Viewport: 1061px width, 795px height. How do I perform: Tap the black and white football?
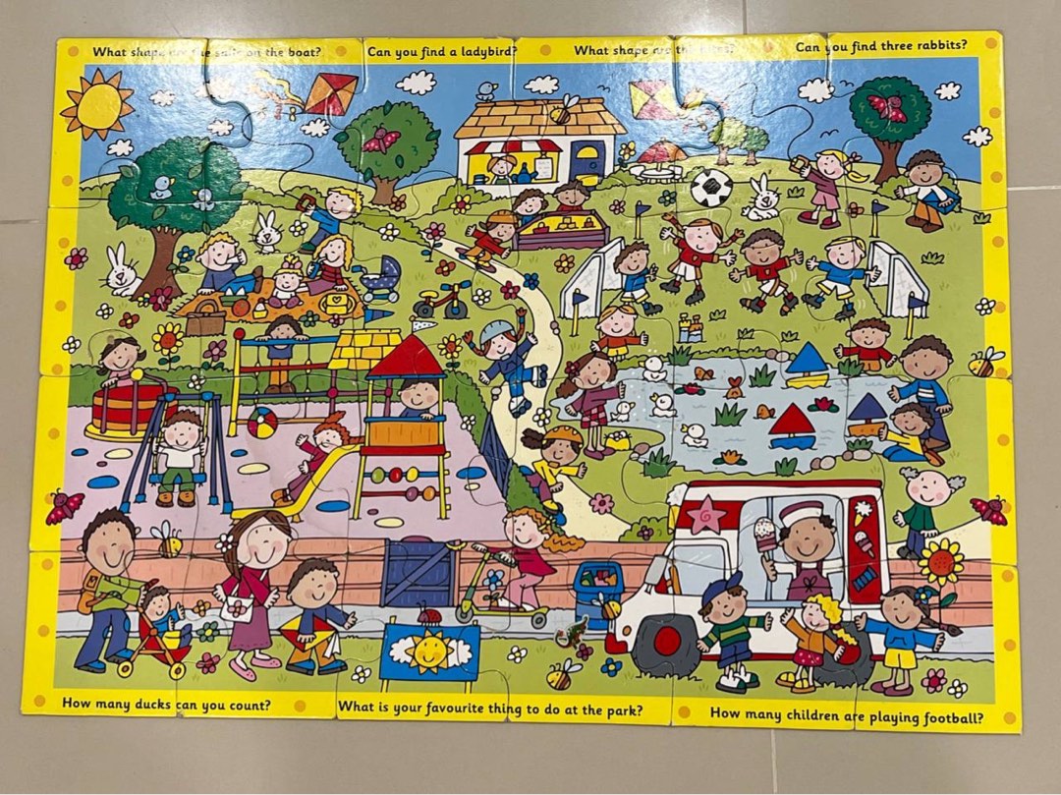coord(710,187)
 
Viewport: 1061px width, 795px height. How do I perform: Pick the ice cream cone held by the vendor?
coord(765,536)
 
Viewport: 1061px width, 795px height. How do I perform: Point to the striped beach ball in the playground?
coord(261,423)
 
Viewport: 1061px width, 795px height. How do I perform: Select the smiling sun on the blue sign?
coord(429,651)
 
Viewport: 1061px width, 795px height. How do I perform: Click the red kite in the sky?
coord(330,93)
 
